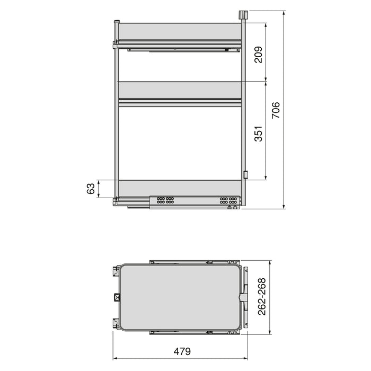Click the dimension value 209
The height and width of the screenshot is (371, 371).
click(x=258, y=52)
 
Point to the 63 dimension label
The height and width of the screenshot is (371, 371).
click(x=91, y=189)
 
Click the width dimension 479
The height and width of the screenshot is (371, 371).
click(x=181, y=351)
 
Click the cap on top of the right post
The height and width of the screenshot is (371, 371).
click(x=244, y=15)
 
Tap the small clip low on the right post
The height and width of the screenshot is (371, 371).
click(x=245, y=174)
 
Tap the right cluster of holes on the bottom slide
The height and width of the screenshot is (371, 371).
click(x=228, y=201)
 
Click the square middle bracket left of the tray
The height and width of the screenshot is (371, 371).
click(x=116, y=297)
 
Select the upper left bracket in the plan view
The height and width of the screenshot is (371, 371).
click(x=114, y=271)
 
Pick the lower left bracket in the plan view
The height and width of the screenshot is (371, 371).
click(x=114, y=323)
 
